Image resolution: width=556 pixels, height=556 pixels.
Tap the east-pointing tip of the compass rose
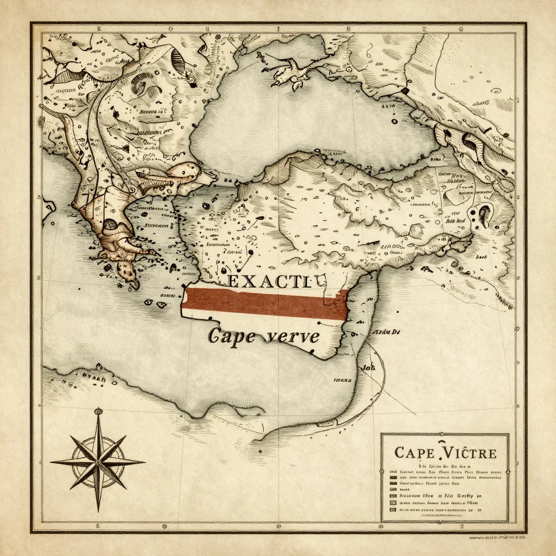(x=144, y=463)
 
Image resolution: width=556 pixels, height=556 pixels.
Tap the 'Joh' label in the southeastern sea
(x=369, y=367)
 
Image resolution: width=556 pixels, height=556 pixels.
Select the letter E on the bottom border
(x=98, y=526)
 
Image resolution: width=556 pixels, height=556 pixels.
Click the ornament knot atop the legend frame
(x=445, y=434)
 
